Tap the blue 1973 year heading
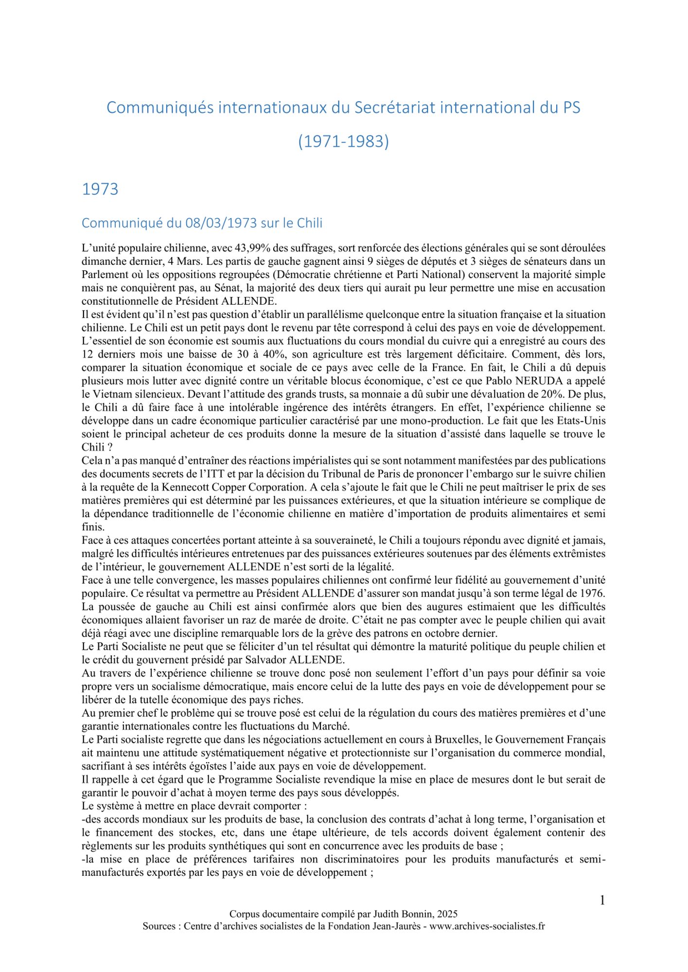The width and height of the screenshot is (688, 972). click(100, 189)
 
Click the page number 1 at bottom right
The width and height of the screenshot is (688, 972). click(602, 901)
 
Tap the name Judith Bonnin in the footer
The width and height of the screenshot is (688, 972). click(404, 914)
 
